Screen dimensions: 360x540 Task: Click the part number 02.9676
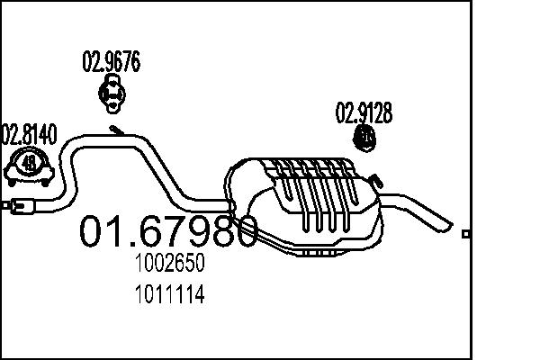111,62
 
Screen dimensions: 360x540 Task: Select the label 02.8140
29,135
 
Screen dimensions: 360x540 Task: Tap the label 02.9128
364,113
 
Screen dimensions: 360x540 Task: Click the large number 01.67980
169,231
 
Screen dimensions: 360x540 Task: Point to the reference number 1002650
170,264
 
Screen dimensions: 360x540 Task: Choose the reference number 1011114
170,293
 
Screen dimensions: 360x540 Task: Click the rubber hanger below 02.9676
112,93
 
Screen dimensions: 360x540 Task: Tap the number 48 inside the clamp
30,163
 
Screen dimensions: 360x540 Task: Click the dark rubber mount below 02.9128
365,140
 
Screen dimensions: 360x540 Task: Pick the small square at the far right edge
465,234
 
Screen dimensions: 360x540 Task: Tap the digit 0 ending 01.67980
242,231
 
